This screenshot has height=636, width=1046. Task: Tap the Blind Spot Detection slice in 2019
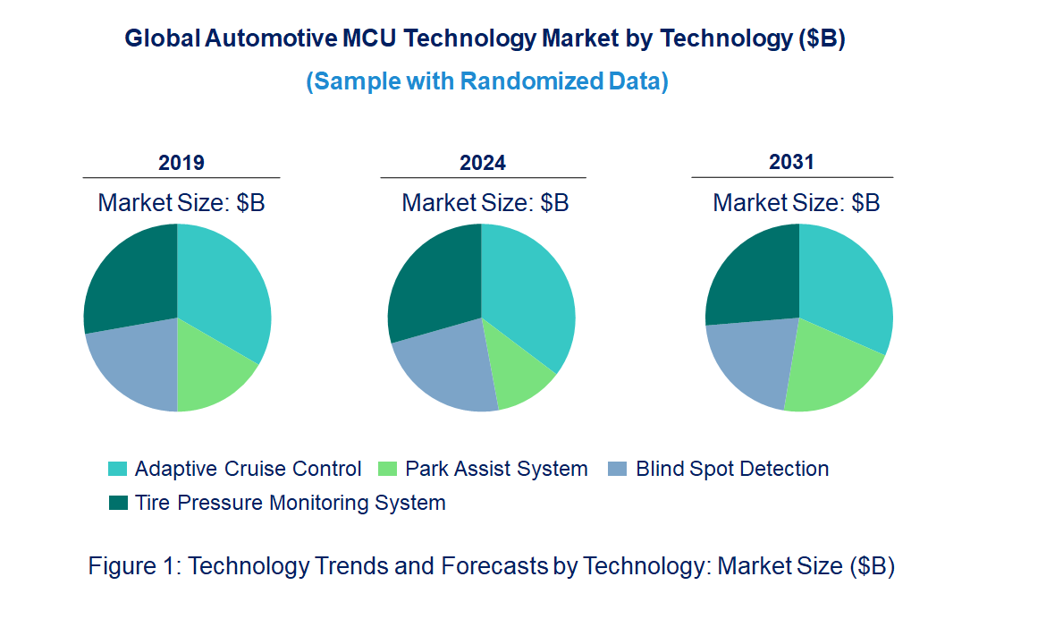pos(134,367)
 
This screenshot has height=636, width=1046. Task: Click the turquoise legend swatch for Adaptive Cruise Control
pos(118,470)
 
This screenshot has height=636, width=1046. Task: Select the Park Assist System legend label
pos(496,469)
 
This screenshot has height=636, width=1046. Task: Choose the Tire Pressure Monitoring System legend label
pos(290,503)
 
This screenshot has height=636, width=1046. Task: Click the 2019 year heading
pos(181,163)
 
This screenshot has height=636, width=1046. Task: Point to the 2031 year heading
pos(791,162)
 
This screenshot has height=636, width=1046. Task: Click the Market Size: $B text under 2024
pos(485,203)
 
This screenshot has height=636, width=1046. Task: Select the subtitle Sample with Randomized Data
pos(487,81)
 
